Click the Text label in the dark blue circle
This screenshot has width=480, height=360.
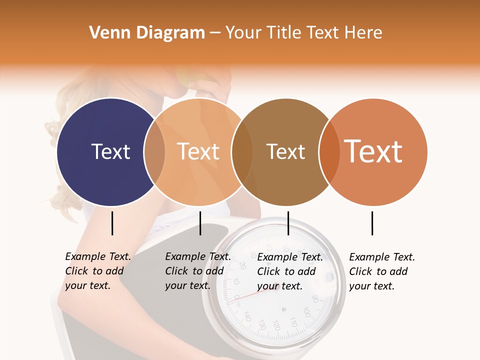tap(110, 151)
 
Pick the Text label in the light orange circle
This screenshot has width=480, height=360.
tap(198, 151)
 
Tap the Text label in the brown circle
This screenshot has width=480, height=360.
tap(285, 151)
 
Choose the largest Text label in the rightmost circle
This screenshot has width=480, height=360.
tap(373, 151)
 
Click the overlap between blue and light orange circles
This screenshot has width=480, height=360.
tap(154, 152)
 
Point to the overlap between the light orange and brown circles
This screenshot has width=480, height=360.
tap(242, 152)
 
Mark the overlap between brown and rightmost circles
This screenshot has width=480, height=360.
tap(328, 152)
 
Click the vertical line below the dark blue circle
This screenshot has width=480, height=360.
tap(112, 223)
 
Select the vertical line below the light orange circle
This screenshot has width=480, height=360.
tap(200, 223)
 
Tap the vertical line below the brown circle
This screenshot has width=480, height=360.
tap(288, 223)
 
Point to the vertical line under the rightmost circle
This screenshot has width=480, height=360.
tap(372, 223)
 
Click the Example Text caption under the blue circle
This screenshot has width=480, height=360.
tap(97, 271)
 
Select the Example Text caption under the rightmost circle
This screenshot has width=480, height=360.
tap(381, 271)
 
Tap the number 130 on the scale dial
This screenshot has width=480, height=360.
tap(261, 324)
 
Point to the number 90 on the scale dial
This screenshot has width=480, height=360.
tap(314, 299)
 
